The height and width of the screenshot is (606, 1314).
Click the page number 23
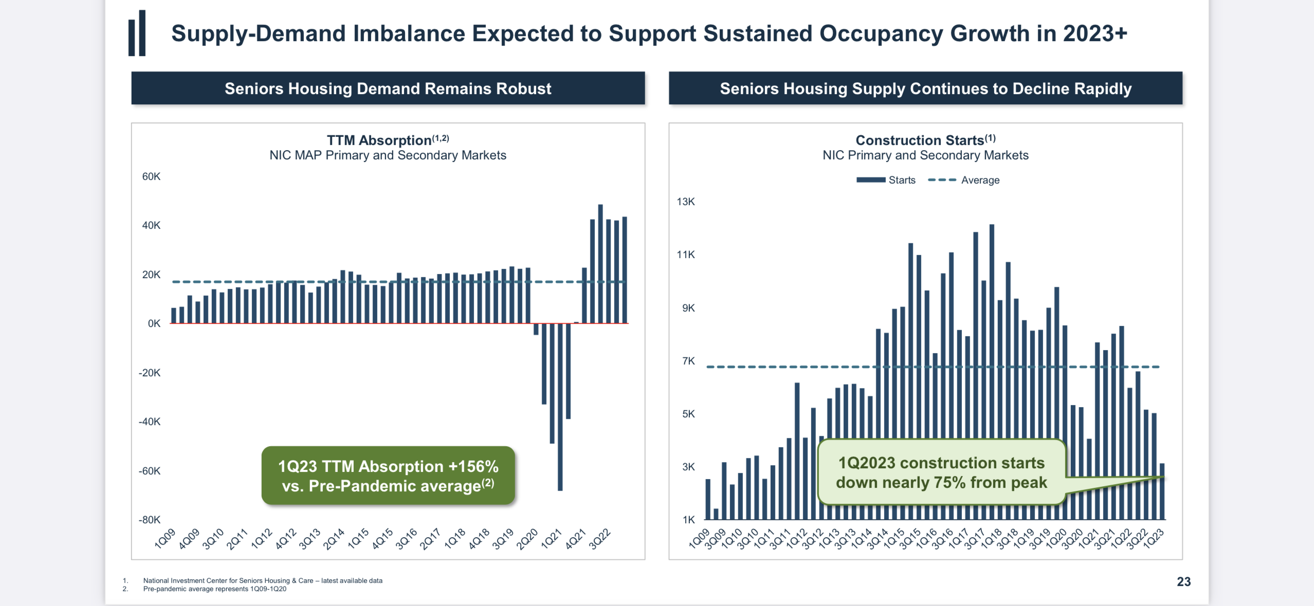[x=1183, y=581]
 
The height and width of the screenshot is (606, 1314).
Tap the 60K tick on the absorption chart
[x=151, y=176]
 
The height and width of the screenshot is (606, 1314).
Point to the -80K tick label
[x=150, y=520]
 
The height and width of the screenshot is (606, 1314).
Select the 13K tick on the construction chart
[x=686, y=201]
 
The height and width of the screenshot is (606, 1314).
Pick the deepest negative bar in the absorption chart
[x=560, y=406]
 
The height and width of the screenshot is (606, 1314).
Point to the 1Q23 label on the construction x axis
[x=1154, y=539]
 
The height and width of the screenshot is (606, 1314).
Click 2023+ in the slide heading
[x=1095, y=33]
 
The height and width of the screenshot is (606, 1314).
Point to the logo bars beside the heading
[x=137, y=33]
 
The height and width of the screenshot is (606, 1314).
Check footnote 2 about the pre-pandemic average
[x=214, y=589]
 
